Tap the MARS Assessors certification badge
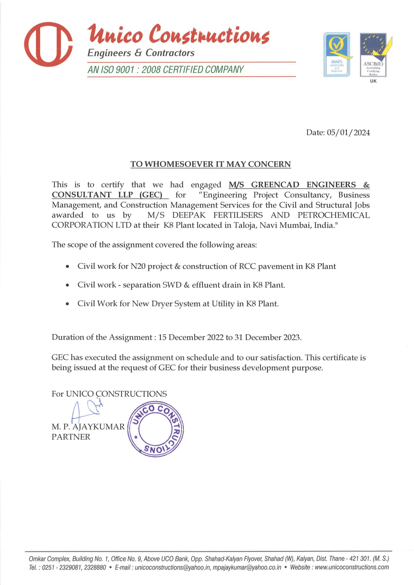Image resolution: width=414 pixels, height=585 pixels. [x=337, y=55]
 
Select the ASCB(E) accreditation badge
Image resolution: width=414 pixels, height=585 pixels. [x=373, y=55]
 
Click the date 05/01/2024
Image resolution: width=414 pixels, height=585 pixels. [x=348, y=132]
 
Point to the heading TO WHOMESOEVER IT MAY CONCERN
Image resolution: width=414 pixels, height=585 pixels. [x=211, y=164]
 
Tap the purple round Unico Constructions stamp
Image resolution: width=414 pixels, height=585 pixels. [x=155, y=429]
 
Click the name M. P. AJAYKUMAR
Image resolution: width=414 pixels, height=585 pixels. [x=88, y=427]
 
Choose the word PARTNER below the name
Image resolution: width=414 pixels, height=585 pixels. [x=71, y=437]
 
